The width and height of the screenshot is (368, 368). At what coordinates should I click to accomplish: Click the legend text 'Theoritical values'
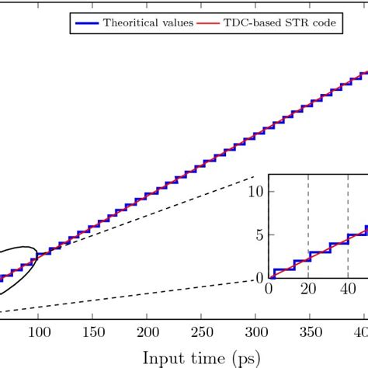[148, 23]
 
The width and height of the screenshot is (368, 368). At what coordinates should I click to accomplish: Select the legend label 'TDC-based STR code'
[291, 23]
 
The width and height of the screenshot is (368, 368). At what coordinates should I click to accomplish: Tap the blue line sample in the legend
[87, 23]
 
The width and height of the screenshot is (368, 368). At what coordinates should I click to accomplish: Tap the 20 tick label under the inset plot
[307, 290]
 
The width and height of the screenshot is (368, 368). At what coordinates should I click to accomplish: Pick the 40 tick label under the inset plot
[346, 290]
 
